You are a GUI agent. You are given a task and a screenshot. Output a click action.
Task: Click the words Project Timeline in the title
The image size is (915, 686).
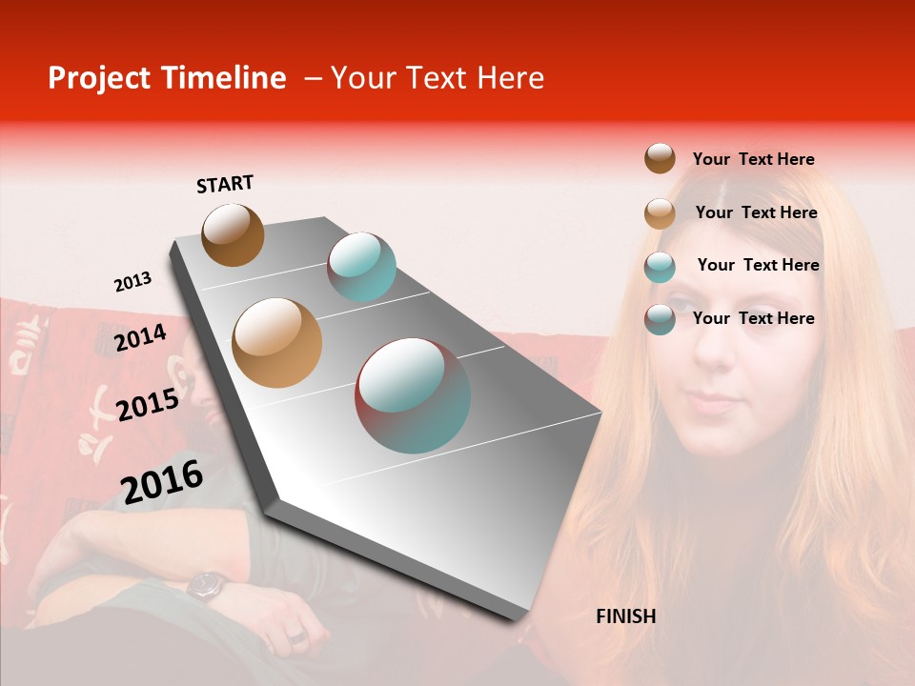[167, 78]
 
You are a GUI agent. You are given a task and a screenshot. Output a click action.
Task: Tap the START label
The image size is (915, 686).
[225, 184]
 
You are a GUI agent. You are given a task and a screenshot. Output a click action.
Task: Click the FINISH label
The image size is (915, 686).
[625, 616]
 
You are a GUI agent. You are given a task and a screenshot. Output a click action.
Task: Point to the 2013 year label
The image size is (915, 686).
[132, 282]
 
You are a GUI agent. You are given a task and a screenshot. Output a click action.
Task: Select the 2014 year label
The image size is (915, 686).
[140, 337]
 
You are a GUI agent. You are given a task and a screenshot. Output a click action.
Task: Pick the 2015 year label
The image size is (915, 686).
[147, 404]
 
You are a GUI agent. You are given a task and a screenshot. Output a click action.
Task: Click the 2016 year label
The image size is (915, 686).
[161, 481]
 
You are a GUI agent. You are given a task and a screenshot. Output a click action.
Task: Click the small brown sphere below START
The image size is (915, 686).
[233, 234]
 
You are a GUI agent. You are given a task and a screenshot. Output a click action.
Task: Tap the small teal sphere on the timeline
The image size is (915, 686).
[361, 267]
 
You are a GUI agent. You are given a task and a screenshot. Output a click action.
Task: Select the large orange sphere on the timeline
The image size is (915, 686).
[277, 343]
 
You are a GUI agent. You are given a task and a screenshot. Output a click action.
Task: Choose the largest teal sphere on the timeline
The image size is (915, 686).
[413, 395]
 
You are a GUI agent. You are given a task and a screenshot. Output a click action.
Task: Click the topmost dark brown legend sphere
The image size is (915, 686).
[660, 158]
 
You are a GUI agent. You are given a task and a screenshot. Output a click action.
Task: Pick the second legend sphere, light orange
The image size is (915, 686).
[660, 213]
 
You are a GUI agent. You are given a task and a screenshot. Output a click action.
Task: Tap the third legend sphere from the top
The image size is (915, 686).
[660, 267]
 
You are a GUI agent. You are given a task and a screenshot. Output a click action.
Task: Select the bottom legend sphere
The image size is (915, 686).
[660, 319]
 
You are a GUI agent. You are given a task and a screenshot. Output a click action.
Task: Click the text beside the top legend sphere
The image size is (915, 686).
[753, 159]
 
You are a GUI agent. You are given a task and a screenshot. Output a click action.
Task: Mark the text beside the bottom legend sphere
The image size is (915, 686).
[753, 318]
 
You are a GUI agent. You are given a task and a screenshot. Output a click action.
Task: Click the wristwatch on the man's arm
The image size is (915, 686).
[206, 585]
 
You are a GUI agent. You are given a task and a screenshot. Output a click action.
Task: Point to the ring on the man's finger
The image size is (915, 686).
[296, 636]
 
